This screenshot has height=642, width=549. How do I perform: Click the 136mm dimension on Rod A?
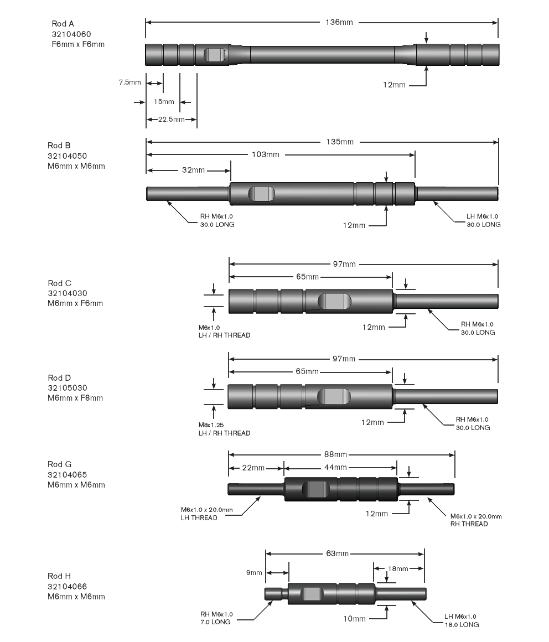[339, 22]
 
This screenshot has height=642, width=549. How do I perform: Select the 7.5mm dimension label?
[130, 82]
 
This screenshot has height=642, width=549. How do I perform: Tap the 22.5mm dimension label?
[171, 119]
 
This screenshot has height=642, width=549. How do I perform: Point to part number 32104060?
[71, 34]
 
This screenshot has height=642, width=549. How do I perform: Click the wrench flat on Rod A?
[215, 55]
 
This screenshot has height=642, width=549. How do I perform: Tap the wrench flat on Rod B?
[261, 194]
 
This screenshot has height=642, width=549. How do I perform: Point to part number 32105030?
[68, 388]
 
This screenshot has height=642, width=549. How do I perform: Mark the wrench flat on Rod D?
[334, 396]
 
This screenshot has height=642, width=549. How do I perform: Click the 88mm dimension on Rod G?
[336, 454]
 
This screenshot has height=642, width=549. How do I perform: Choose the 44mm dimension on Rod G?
[336, 468]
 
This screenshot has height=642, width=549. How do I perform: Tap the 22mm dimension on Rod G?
[253, 468]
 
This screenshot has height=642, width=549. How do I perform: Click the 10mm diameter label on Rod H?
[354, 618]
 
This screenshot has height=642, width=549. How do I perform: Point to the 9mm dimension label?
[254, 572]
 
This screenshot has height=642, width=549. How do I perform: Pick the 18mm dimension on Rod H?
[398, 568]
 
